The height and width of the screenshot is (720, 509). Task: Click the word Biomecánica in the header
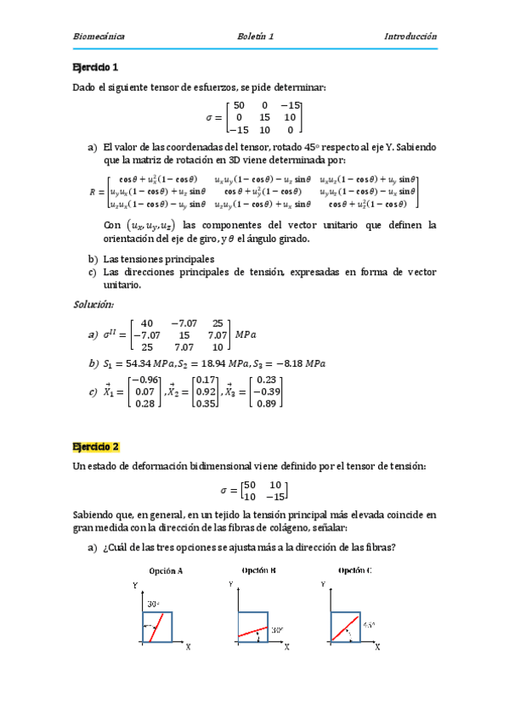98,37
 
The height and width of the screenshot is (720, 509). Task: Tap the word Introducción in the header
410,37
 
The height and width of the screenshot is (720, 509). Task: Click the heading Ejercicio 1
96,67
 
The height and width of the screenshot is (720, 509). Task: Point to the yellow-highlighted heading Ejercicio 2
96,447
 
